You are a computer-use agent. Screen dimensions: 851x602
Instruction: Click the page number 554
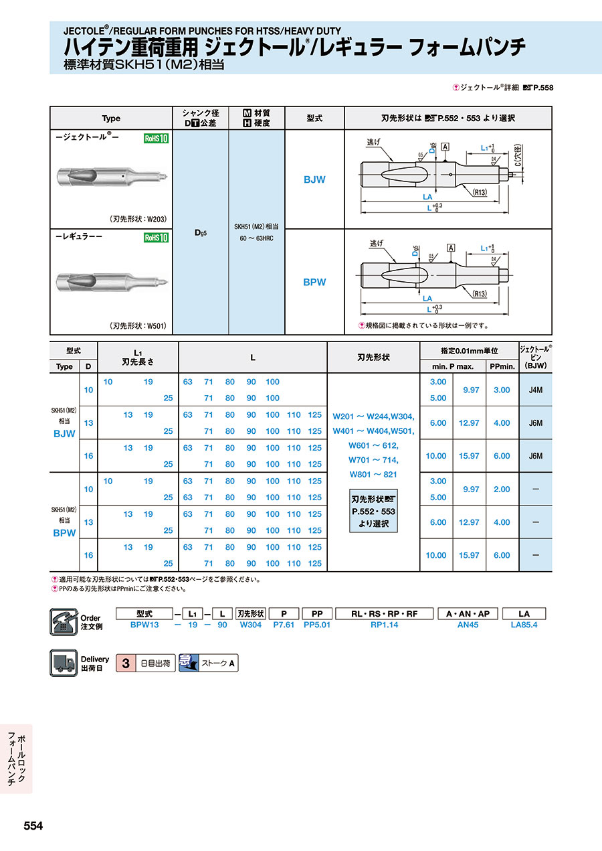click(x=33, y=826)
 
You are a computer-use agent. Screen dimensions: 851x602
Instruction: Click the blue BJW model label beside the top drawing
click(x=314, y=180)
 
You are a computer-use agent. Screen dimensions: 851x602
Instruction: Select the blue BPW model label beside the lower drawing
click(x=314, y=282)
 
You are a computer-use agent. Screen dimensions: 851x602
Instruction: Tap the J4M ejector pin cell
click(x=535, y=390)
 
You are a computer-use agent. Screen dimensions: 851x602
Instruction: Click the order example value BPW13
click(x=144, y=625)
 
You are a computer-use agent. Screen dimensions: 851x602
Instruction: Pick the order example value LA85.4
click(x=524, y=625)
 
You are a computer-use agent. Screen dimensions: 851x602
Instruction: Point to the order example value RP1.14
click(x=384, y=625)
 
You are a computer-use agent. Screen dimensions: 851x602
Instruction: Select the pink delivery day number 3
click(x=125, y=664)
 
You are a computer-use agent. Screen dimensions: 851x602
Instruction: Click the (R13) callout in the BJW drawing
click(x=479, y=192)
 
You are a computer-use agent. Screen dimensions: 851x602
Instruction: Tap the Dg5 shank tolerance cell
click(x=200, y=232)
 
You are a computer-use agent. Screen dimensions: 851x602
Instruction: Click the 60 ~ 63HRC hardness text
click(x=257, y=238)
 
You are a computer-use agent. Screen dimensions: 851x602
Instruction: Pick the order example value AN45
click(x=467, y=625)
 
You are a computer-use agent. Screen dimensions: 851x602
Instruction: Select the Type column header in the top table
click(x=111, y=119)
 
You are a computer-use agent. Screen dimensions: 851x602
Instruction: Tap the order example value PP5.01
click(x=317, y=625)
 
